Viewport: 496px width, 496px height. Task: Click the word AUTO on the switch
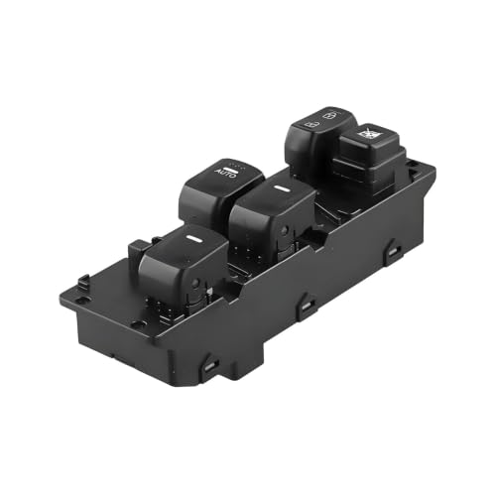[226, 173]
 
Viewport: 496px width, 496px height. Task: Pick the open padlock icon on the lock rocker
[331, 115]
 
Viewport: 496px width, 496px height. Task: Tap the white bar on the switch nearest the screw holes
[191, 238]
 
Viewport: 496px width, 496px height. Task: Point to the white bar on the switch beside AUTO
[282, 188]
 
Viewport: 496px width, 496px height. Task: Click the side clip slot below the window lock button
[393, 252]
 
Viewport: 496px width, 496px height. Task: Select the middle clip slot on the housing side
[307, 307]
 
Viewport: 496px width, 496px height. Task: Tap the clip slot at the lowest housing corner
[210, 365]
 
